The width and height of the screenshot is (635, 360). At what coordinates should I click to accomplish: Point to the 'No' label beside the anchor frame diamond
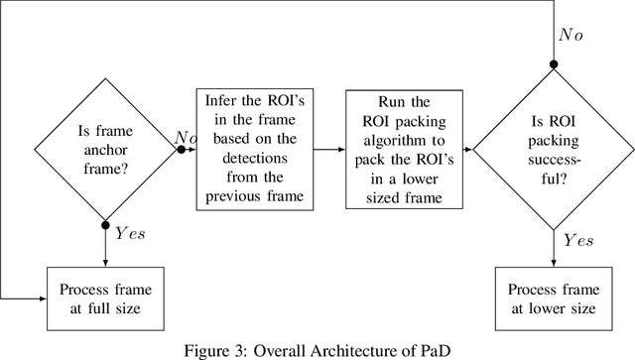(187, 136)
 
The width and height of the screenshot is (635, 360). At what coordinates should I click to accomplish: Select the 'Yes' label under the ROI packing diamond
(578, 241)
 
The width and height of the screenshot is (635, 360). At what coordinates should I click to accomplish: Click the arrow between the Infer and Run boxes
(332, 149)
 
